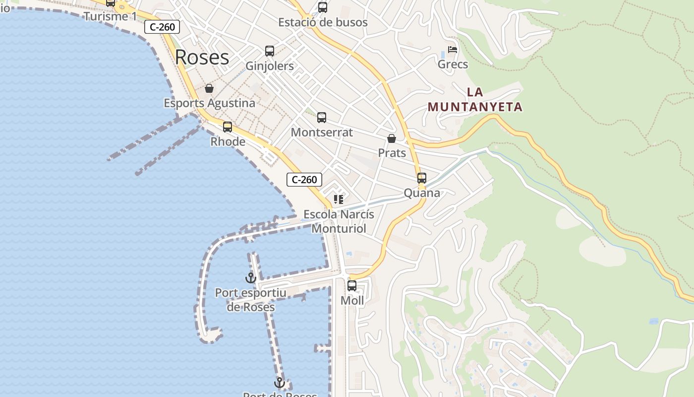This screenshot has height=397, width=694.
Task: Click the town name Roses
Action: point(202,58)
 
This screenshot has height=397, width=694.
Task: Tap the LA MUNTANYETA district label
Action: point(475,100)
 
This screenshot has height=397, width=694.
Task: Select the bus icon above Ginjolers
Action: point(270,51)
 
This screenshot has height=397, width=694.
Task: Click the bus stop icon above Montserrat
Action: point(322,118)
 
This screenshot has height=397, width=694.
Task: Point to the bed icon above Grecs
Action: point(453,50)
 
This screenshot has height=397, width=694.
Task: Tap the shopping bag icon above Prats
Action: point(392,138)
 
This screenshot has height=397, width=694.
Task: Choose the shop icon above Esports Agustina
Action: point(209,88)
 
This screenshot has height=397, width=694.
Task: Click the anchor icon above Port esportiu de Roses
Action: point(251,278)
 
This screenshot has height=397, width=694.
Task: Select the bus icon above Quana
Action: point(422,178)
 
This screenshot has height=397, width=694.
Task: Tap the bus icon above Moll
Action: point(352,286)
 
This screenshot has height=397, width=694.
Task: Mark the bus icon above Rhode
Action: point(228,127)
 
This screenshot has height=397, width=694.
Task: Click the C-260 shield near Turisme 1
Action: point(162,27)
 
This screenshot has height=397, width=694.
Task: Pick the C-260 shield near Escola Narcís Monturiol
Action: point(304,180)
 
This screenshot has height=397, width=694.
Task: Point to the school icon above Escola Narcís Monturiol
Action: point(339,199)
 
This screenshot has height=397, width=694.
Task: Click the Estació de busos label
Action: point(323,22)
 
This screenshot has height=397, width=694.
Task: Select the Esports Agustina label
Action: point(209,103)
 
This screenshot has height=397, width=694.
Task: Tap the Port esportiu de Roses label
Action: point(251,300)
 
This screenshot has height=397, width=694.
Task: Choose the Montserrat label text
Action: point(322,132)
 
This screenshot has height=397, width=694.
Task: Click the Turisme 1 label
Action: point(110,16)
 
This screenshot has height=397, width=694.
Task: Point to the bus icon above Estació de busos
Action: point(323,7)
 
